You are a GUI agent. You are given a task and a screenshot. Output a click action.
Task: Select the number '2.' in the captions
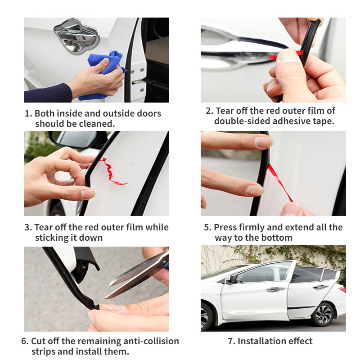pos(209,111)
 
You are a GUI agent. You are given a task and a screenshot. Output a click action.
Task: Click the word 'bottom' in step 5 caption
pos(277,238)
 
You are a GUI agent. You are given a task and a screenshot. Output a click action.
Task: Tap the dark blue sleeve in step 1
pos(47,93)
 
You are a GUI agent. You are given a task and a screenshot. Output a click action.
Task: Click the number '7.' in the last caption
pos(231,341)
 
